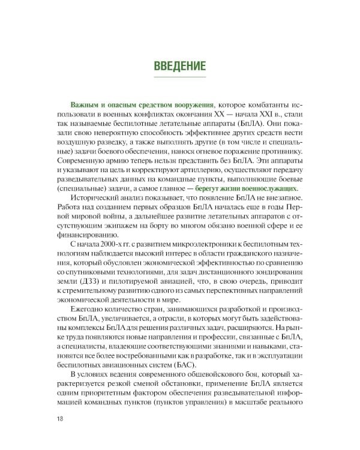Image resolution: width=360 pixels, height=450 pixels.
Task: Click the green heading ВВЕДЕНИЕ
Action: click(x=180, y=65)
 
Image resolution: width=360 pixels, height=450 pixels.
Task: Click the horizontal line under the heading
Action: click(x=180, y=77)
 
